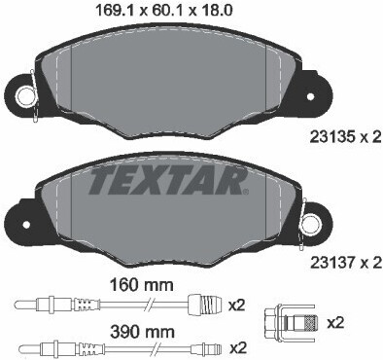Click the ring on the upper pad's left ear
26,94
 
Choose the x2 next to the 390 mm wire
235,346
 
